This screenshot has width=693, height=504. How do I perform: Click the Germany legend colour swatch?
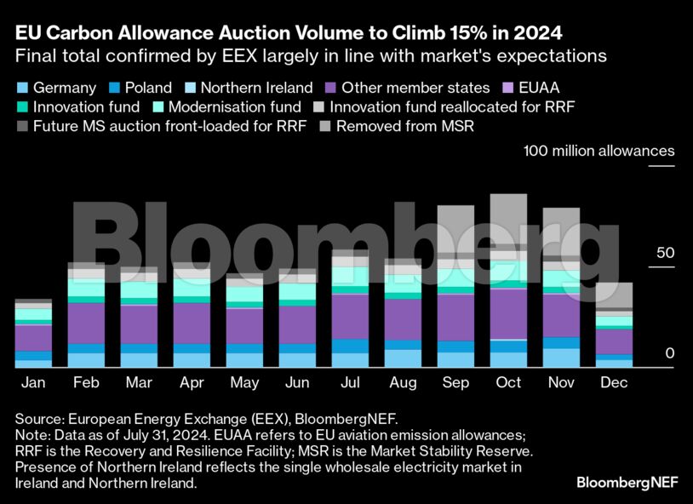tap(21, 88)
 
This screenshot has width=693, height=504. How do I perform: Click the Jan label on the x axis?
tap(33, 383)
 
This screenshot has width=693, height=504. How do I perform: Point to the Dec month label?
tap(614, 383)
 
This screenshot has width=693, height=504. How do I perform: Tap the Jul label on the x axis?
tap(350, 383)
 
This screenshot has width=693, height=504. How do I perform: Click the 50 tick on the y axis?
tap(664, 254)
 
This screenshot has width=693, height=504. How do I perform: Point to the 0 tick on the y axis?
tap(669, 353)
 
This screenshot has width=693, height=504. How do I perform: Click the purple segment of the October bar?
tap(509, 313)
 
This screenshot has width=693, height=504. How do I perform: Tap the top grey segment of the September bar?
tap(456, 228)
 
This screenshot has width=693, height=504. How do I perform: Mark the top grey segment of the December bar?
tap(614, 295)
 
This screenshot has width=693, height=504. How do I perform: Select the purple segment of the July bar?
tap(350, 316)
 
